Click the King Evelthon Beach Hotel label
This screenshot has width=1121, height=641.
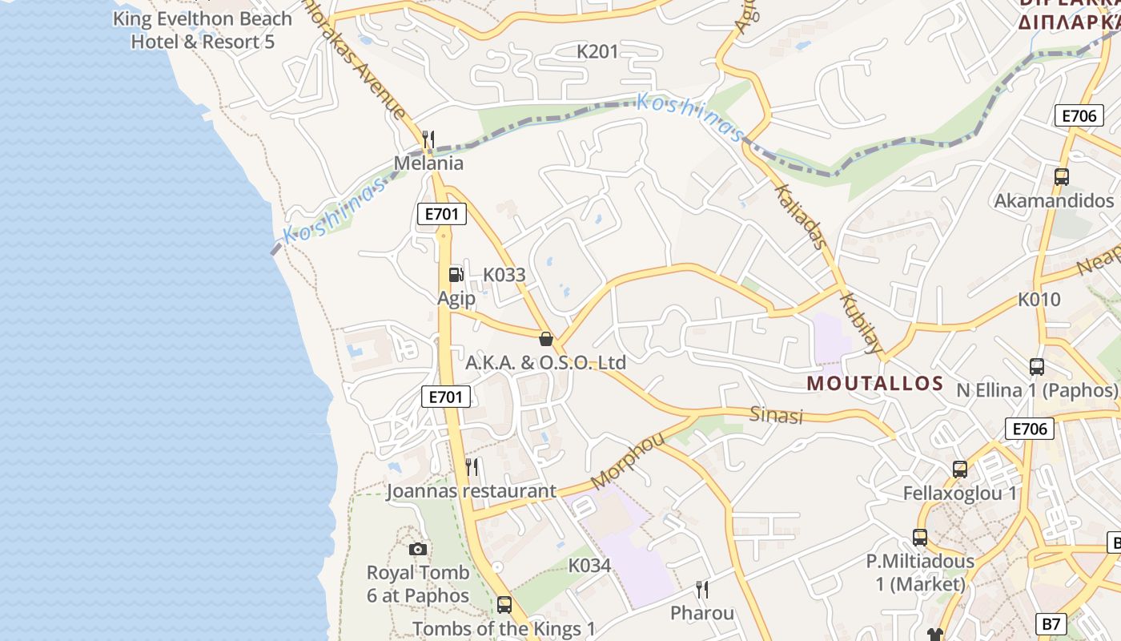click(x=203, y=30)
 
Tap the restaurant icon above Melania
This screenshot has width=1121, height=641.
click(x=428, y=140)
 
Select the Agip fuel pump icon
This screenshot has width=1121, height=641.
click(x=456, y=275)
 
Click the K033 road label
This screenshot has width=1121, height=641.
click(x=504, y=275)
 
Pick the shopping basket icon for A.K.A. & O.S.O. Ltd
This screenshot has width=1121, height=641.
click(x=546, y=339)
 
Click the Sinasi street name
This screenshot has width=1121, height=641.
click(x=776, y=415)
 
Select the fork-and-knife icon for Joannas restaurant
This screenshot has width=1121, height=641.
click(x=472, y=466)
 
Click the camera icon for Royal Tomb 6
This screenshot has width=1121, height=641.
click(x=417, y=549)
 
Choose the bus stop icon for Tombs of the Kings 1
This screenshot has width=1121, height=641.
click(x=504, y=605)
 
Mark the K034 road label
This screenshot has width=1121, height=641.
click(x=589, y=566)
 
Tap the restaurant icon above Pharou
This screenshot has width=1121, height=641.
click(x=702, y=591)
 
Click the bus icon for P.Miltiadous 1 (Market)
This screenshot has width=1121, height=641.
click(x=920, y=538)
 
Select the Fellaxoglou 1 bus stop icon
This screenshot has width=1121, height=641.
click(x=959, y=470)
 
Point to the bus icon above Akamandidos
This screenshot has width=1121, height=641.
click(x=1061, y=177)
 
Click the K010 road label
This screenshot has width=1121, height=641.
click(x=1039, y=300)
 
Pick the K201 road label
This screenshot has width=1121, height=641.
click(x=598, y=52)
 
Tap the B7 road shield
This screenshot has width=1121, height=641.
click(x=1052, y=623)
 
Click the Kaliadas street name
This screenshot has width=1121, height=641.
click(x=798, y=215)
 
